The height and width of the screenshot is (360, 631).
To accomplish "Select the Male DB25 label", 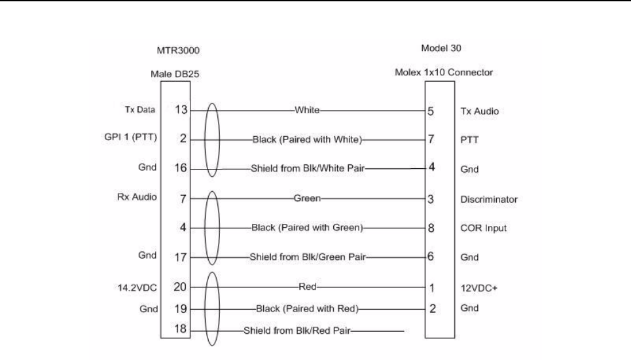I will click(x=175, y=75).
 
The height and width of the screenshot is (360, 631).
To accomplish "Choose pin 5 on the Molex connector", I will click(x=431, y=111).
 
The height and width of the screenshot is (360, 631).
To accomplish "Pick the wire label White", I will click(x=306, y=111).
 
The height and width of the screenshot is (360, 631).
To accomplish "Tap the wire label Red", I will click(x=306, y=286).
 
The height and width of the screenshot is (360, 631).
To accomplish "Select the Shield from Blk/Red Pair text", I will click(x=297, y=329).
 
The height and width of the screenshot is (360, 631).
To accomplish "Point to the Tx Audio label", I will click(x=480, y=111).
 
